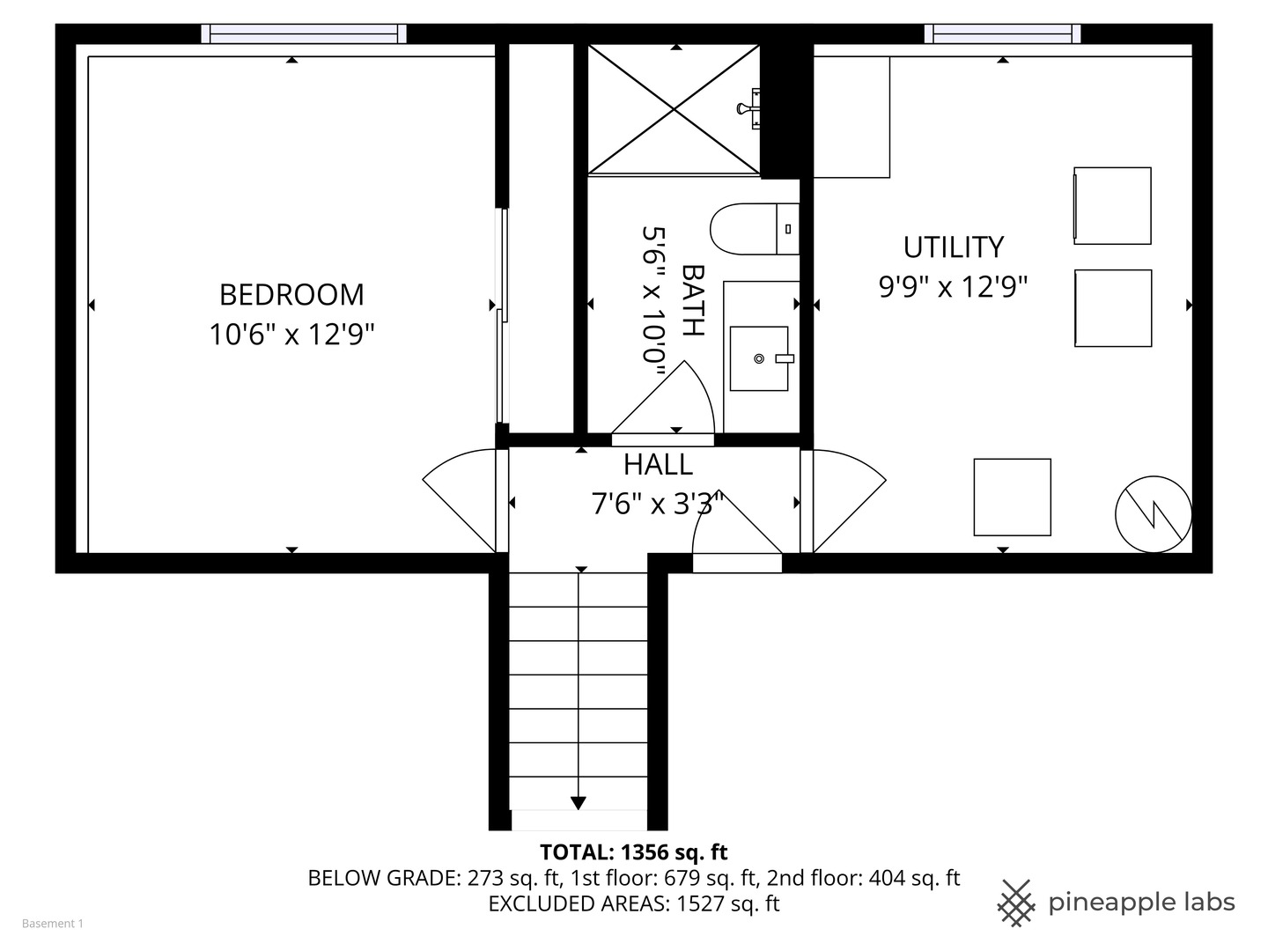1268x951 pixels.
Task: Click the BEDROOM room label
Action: click(x=291, y=294)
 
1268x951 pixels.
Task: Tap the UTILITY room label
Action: click(x=953, y=247)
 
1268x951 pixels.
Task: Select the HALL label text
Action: click(x=658, y=464)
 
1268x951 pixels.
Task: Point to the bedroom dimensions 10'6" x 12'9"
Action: click(x=291, y=335)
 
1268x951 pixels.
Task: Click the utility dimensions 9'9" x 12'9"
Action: click(x=953, y=287)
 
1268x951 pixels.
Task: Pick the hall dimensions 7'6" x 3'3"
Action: click(x=658, y=504)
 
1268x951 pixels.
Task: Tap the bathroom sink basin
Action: click(x=759, y=358)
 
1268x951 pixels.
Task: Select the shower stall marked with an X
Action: click(x=674, y=109)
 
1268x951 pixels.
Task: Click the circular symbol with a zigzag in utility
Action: click(x=1154, y=513)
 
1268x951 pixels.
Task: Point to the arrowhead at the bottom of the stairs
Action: click(x=579, y=802)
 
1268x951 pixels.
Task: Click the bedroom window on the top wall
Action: click(x=304, y=34)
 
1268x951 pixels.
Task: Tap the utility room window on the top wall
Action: click(x=1002, y=34)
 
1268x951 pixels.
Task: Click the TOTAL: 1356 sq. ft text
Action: click(x=633, y=852)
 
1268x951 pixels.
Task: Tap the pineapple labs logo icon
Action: click(x=1016, y=903)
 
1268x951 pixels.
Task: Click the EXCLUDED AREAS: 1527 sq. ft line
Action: click(x=633, y=903)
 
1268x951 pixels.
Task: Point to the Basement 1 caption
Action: click(x=53, y=924)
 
